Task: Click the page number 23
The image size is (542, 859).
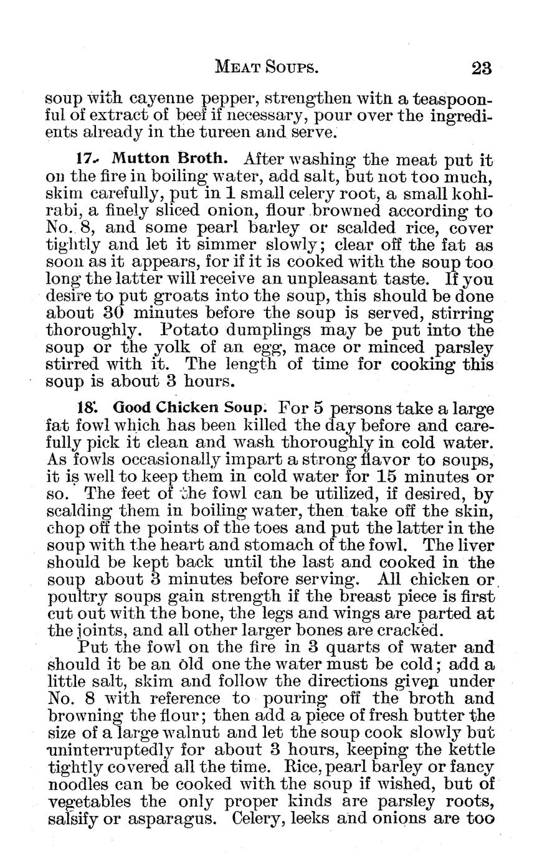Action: (x=482, y=67)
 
